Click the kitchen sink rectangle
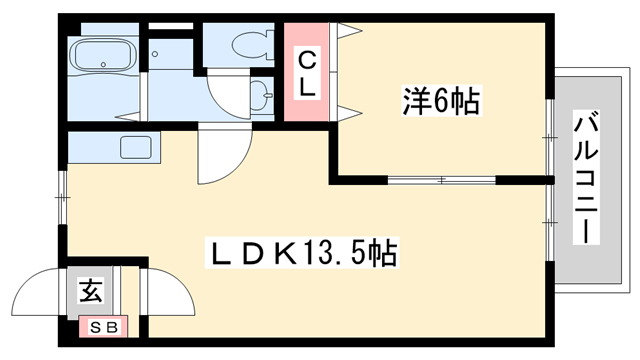135,147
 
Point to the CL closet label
307,72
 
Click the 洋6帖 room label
440,101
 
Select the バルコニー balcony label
585,179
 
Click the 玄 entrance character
91,292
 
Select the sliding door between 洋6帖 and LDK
441,181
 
